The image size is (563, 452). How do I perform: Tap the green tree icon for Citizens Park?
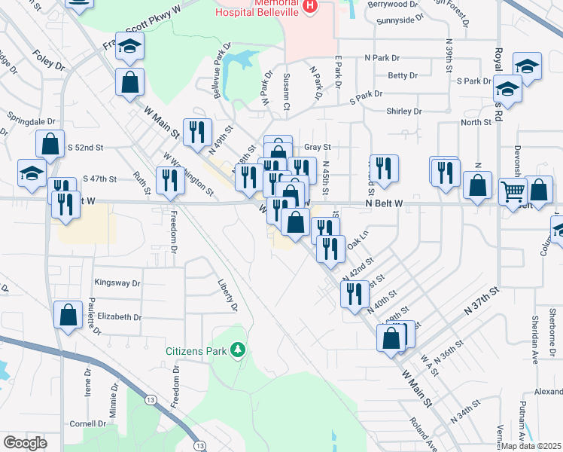[x=238, y=350]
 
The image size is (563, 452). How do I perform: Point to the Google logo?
[x=25, y=443]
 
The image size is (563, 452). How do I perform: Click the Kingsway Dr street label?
[x=117, y=283]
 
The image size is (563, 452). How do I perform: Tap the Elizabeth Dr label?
[x=119, y=318]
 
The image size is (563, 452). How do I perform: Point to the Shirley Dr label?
[x=404, y=111]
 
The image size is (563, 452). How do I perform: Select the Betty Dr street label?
[x=403, y=76]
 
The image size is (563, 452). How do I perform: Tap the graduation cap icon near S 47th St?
[x=32, y=173]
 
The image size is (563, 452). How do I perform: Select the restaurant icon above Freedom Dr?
[x=169, y=180]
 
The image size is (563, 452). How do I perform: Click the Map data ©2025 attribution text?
[x=531, y=446]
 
